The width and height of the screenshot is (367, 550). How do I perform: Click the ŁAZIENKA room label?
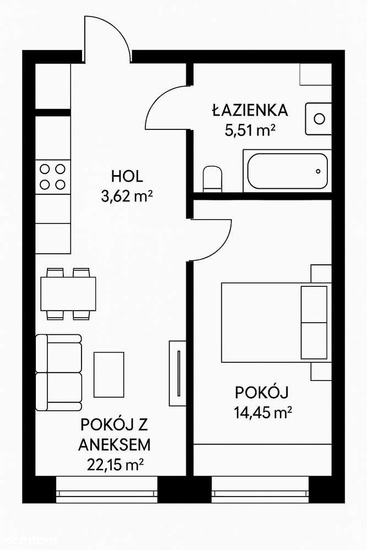250,110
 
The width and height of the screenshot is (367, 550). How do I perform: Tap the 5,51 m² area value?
250,130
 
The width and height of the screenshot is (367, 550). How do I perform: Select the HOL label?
127,177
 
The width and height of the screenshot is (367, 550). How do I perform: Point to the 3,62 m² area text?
127,197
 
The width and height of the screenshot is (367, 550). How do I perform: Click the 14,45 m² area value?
262,412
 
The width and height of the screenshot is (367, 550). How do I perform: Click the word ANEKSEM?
115,444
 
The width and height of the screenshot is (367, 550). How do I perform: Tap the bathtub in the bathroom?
287,171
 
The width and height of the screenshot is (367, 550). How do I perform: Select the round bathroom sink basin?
319,118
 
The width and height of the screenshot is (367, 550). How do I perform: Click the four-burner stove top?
53,177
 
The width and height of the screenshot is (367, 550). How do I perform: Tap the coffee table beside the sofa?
108,374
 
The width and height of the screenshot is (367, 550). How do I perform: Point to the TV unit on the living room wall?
177,373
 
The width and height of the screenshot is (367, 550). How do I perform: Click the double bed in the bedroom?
276,321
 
